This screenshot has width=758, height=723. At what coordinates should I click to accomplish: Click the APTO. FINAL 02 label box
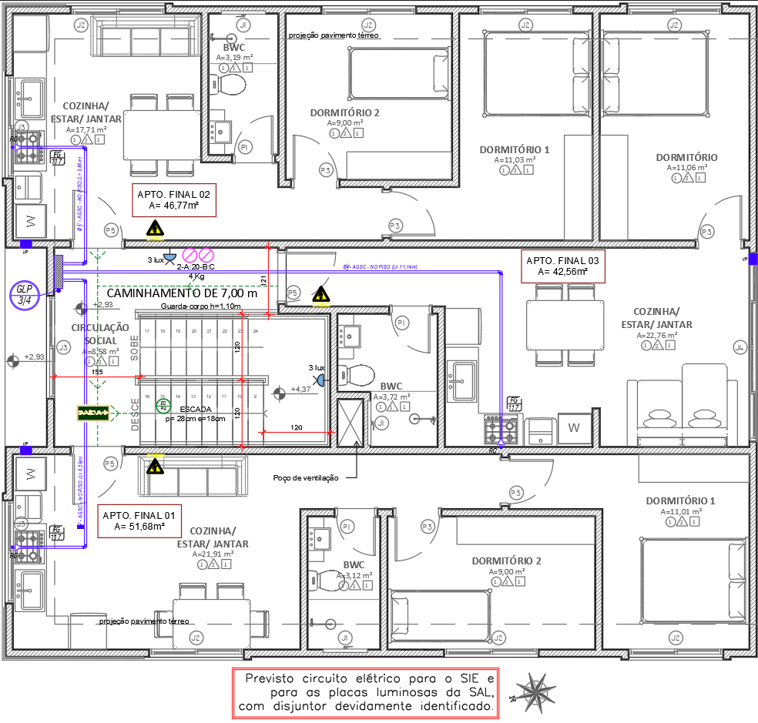coord(173,200)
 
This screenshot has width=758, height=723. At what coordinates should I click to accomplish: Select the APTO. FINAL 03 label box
coord(562,266)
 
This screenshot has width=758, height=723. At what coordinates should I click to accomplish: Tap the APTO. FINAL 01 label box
coord(139,521)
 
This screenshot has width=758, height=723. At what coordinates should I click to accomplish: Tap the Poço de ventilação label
coord(306,478)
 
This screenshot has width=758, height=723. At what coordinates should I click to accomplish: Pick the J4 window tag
coord(740,347)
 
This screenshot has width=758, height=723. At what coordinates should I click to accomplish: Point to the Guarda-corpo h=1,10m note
coord(201,306)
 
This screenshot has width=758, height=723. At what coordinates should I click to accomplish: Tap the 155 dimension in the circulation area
coord(97,372)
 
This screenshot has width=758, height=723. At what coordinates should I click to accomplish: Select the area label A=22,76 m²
coord(656,336)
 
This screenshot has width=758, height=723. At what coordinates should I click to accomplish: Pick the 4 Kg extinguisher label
coord(196,276)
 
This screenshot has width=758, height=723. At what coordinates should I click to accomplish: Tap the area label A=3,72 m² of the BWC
coord(391,397)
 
